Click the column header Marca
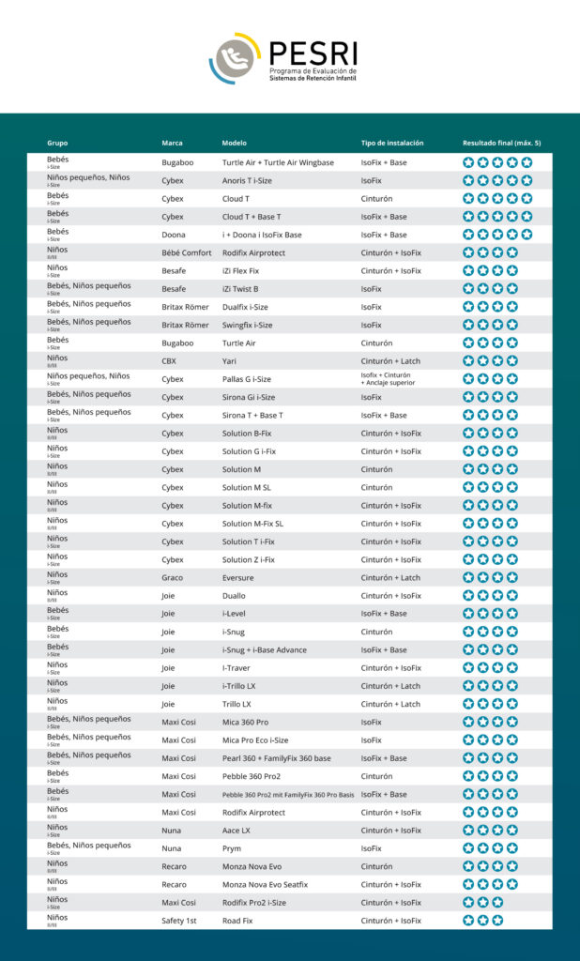[x=172, y=143]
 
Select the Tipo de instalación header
[x=392, y=143]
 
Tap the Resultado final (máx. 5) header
[x=501, y=143]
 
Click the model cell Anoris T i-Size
[x=247, y=180]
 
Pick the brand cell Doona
[x=173, y=235]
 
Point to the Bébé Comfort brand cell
[x=187, y=252]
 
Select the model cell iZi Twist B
[x=240, y=289]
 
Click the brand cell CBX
[x=169, y=360]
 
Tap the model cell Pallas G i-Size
[x=247, y=379]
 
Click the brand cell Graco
[x=172, y=577]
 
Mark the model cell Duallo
[x=236, y=596]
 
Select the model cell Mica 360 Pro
[x=245, y=722]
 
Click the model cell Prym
[x=232, y=848]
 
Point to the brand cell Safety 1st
[x=178, y=921]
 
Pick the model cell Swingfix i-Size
[x=248, y=325]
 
